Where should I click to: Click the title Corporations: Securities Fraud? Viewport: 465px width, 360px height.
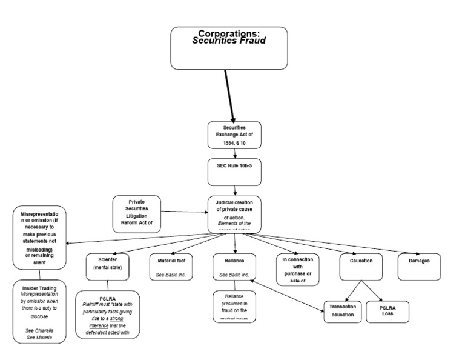(229, 38)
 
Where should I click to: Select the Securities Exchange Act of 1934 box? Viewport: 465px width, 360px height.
(234, 135)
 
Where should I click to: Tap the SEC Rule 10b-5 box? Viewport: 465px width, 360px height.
(234, 172)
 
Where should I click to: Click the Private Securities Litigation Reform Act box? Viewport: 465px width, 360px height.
(136, 213)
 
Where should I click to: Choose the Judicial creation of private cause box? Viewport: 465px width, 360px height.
(235, 214)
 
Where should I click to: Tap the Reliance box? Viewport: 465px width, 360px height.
(234, 267)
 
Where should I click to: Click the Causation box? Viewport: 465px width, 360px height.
(361, 267)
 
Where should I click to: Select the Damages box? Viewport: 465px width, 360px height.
(419, 267)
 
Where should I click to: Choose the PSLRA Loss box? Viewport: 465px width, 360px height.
(387, 311)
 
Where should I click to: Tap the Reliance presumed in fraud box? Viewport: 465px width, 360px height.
(234, 307)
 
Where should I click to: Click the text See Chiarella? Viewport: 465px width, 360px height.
(38, 330)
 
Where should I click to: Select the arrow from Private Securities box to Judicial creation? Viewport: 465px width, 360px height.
(184, 212)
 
